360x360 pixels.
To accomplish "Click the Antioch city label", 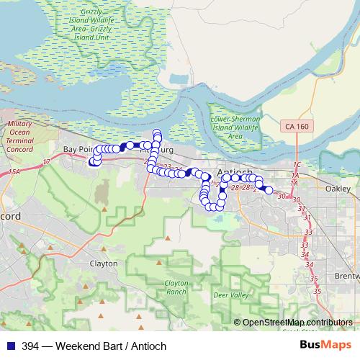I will pos(234,172).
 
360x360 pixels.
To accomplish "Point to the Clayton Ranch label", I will pos(176,287).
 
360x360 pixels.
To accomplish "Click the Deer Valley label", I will pos(230,295).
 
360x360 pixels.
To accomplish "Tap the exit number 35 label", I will pos(315,278).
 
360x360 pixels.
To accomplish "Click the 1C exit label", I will pos(297,165).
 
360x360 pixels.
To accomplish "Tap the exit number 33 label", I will pos(310,232).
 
